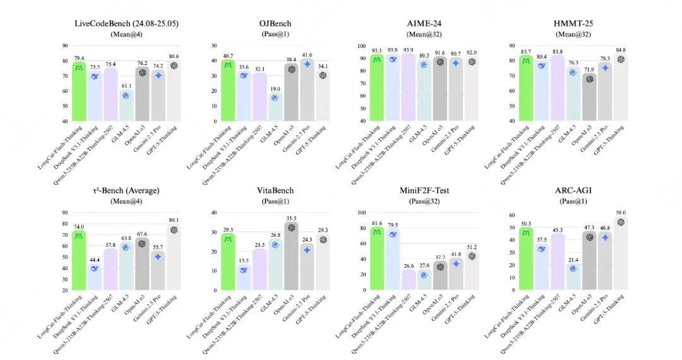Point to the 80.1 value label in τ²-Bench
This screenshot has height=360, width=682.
(x=174, y=220)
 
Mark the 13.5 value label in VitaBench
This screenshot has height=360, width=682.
(x=244, y=260)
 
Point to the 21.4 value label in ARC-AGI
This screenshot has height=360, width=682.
(x=573, y=260)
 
